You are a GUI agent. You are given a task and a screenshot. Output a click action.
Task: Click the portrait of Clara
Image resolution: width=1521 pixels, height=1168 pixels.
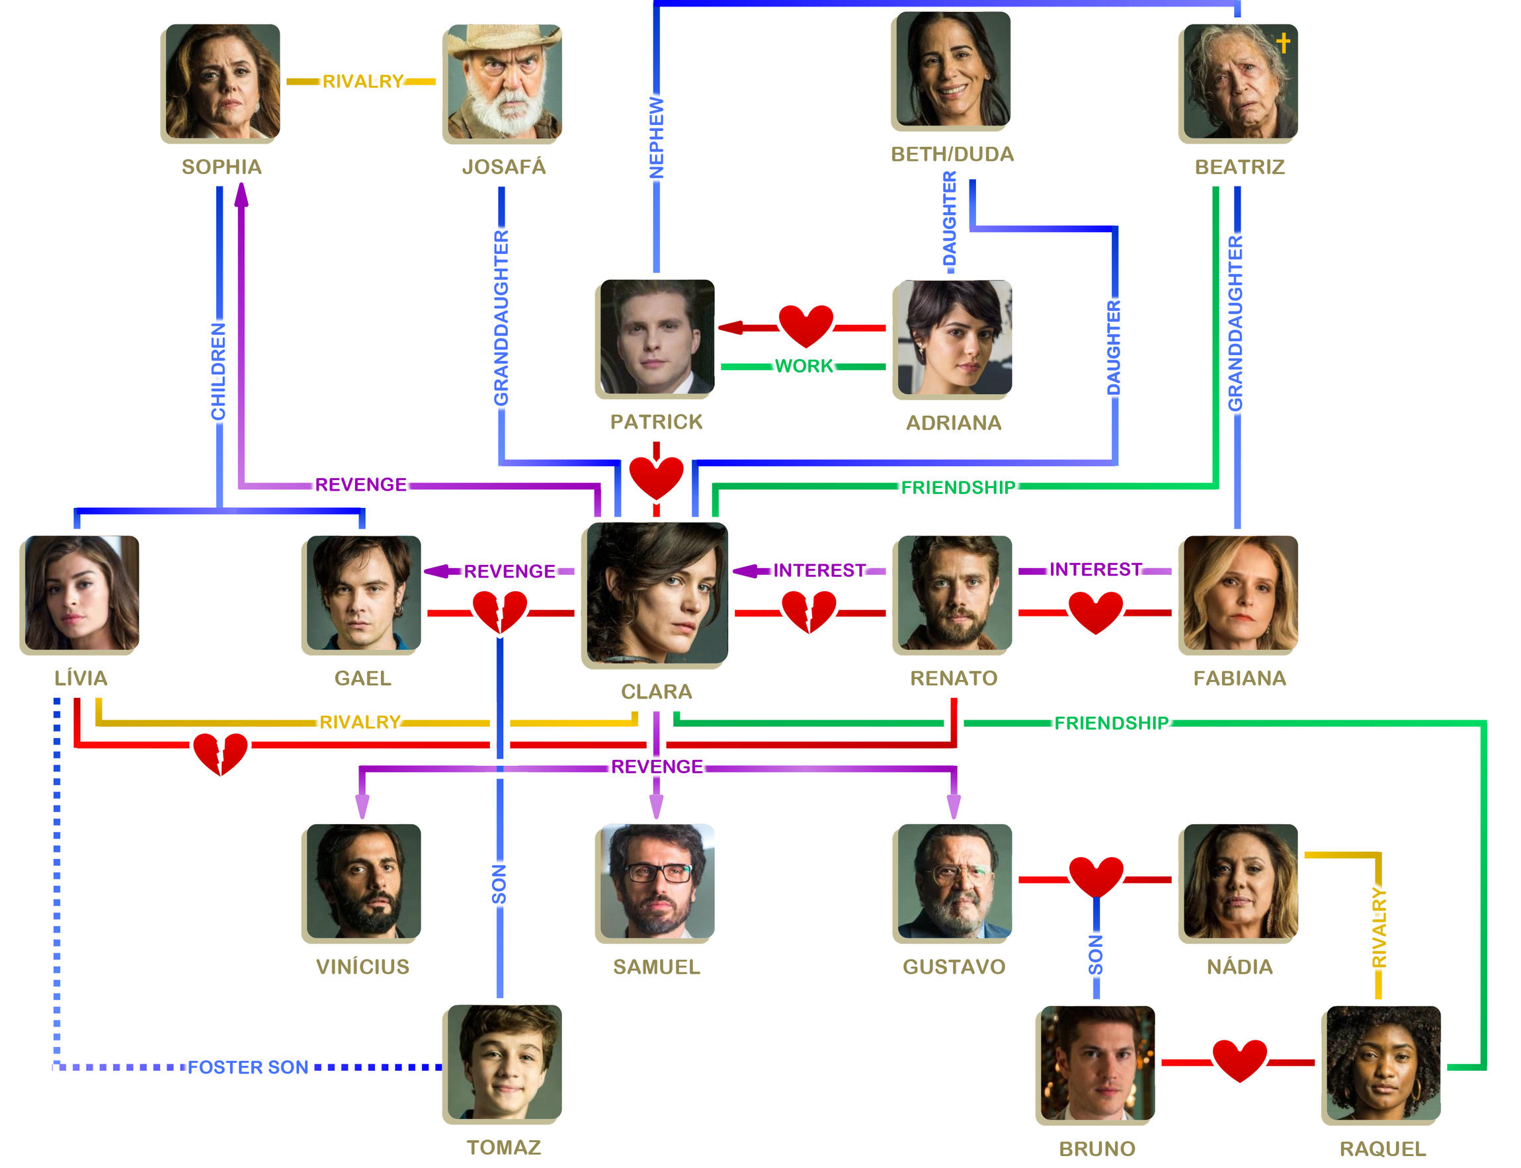click(656, 593)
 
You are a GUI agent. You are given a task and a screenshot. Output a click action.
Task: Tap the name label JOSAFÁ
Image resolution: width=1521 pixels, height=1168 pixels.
click(504, 167)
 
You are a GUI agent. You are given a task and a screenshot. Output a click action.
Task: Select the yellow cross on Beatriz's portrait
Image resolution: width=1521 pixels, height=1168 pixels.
click(1282, 43)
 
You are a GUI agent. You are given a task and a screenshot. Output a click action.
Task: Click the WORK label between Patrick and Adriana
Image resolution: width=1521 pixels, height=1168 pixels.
click(803, 366)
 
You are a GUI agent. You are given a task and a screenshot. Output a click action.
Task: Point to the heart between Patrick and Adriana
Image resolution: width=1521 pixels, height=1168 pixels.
click(805, 325)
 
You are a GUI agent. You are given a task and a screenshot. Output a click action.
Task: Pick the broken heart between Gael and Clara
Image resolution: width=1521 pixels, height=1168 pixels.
click(499, 611)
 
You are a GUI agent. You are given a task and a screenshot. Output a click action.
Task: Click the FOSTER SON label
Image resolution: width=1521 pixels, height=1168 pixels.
click(247, 1067)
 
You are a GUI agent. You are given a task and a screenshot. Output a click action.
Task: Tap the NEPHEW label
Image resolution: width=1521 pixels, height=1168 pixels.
click(656, 137)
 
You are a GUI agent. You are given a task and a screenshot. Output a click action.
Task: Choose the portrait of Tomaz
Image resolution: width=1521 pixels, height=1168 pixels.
click(504, 1062)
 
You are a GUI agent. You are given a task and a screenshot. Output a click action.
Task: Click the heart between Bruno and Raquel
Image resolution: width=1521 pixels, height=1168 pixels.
click(1239, 1061)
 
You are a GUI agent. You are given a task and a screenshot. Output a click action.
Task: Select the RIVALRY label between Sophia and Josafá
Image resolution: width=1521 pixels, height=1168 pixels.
click(362, 81)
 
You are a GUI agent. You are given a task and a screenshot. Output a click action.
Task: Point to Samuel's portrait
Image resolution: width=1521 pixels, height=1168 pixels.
click(656, 881)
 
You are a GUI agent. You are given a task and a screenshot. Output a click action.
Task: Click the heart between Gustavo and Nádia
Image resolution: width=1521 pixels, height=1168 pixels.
click(1096, 877)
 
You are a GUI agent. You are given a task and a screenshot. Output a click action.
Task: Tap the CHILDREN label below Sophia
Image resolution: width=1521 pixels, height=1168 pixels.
click(218, 371)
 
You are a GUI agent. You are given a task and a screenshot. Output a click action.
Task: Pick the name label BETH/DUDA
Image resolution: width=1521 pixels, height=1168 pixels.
click(952, 154)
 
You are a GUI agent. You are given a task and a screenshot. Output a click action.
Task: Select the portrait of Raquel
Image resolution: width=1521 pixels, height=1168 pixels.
click(1383, 1063)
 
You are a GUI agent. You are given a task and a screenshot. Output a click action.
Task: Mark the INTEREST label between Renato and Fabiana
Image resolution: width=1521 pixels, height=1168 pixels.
click(1095, 570)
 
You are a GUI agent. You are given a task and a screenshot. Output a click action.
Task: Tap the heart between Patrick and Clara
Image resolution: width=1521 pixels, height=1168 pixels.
click(655, 478)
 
